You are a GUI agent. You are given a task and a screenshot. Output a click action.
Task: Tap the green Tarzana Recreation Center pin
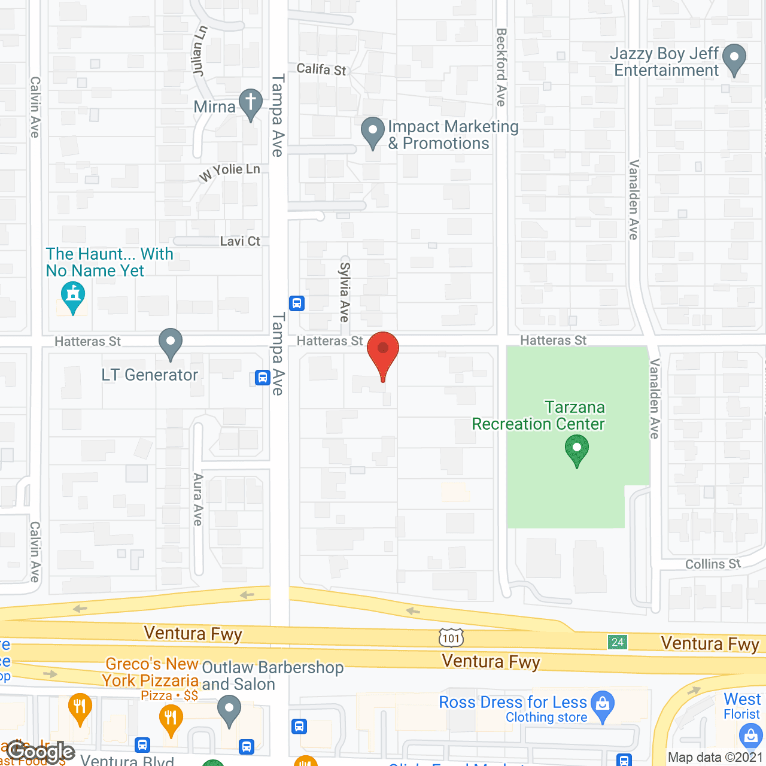click(x=577, y=451)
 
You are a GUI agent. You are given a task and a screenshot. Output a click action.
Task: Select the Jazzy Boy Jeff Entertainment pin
click(x=734, y=60)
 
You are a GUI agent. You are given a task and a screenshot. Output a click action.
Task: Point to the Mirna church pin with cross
click(x=251, y=104)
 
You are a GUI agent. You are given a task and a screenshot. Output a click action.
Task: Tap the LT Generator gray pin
click(x=171, y=344)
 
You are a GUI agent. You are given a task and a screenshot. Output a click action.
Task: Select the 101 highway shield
click(x=451, y=638)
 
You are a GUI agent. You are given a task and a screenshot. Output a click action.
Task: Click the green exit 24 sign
click(x=618, y=642)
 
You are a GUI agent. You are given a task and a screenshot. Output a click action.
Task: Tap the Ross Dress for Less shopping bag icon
click(x=603, y=706)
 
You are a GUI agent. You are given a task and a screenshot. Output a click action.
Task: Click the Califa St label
click(x=321, y=69)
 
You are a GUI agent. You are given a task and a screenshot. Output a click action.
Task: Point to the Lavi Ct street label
click(x=240, y=241)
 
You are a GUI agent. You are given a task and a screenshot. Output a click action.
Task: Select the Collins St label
click(x=713, y=564)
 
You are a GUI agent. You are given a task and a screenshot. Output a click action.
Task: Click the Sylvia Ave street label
click(x=345, y=291)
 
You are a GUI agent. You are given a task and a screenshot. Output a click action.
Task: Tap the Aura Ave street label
click(x=198, y=499)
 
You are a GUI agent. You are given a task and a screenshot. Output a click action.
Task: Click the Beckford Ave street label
click(x=501, y=67)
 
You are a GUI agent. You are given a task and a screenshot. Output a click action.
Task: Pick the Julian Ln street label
click(x=200, y=51)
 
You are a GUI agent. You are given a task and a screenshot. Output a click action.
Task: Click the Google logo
click(x=41, y=752)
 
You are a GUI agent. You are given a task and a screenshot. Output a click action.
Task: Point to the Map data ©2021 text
click(x=715, y=757)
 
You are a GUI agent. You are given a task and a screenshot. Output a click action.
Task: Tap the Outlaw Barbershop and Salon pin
click(x=229, y=712)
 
